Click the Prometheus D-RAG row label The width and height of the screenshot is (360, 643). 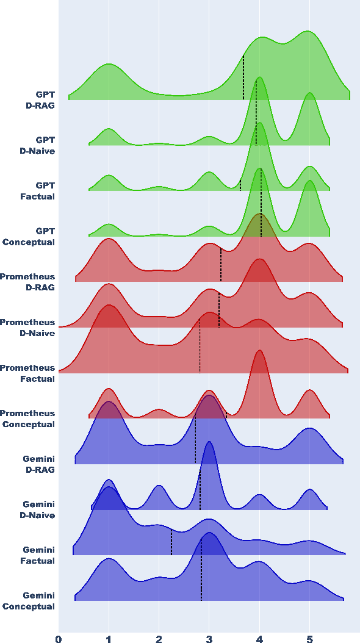click(27, 282)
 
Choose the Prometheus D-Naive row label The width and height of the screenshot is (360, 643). click(27, 328)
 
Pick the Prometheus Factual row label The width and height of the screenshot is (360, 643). click(27, 373)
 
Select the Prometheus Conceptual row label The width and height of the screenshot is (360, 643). click(27, 418)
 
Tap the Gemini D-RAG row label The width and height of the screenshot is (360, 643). click(38, 464)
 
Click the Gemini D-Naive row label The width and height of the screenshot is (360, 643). click(38, 509)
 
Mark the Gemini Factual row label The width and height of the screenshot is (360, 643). click(38, 555)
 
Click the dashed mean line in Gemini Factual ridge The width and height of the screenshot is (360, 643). click(171, 543)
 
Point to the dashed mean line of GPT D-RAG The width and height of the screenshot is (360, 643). click(243, 78)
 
